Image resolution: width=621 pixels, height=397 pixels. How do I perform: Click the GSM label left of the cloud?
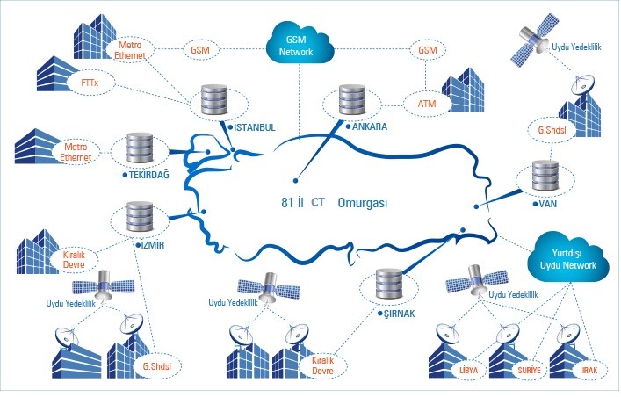199,50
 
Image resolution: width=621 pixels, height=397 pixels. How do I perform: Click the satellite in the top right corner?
532,47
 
